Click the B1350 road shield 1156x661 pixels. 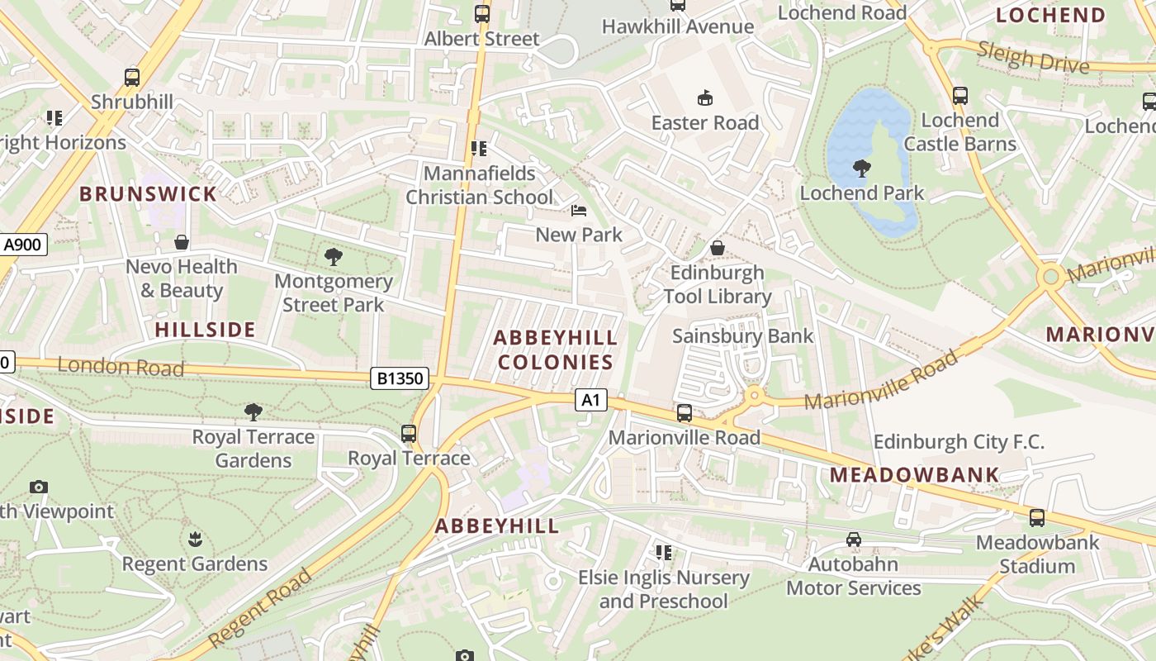point(400,378)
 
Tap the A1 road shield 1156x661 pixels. point(590,401)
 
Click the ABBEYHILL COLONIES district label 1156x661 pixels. point(556,350)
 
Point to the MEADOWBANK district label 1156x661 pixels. point(915,475)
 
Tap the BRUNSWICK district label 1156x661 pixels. point(148,194)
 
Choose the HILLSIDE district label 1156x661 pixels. point(205,330)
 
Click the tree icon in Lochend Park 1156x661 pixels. point(862,169)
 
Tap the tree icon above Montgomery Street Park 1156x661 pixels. point(334,256)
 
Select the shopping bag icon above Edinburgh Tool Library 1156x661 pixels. point(718,248)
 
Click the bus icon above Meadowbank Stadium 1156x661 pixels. point(1037,518)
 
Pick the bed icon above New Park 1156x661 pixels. point(579,211)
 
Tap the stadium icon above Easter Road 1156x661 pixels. point(705,98)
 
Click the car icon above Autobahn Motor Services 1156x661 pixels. point(854,540)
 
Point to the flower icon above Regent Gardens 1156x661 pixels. point(195,540)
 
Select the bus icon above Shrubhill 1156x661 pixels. point(132,78)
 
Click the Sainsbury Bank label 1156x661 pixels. point(742,335)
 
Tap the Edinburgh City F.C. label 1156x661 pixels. point(959,441)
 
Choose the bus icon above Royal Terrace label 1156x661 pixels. point(409,433)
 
